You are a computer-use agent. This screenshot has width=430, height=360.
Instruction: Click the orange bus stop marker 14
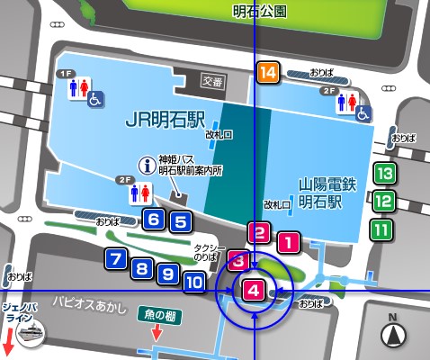point(267,73)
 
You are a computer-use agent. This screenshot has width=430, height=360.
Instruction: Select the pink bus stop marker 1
point(287,241)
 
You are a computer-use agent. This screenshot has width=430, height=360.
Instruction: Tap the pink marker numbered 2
point(259,233)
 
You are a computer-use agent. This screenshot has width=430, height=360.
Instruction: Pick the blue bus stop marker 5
point(180,221)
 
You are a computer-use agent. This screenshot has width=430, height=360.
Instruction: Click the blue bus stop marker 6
point(154,219)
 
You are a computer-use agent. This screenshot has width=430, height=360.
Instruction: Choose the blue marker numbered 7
point(115,259)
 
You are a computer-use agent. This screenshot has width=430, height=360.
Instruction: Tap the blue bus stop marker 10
point(193,281)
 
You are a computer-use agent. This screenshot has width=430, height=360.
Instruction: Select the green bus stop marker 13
point(384,173)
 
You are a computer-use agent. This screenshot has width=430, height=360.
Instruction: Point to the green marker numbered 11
point(382,229)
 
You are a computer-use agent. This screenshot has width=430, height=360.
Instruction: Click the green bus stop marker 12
point(382,202)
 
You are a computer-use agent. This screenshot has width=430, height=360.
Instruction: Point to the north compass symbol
point(394,334)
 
